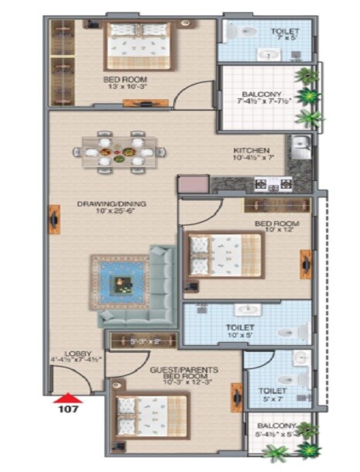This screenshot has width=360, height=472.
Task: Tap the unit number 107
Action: coord(67,410)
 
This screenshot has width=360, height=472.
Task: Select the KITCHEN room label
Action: coord(252,150)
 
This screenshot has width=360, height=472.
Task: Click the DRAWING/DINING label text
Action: coord(111,204)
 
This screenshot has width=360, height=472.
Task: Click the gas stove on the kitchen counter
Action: coord(276,184)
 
